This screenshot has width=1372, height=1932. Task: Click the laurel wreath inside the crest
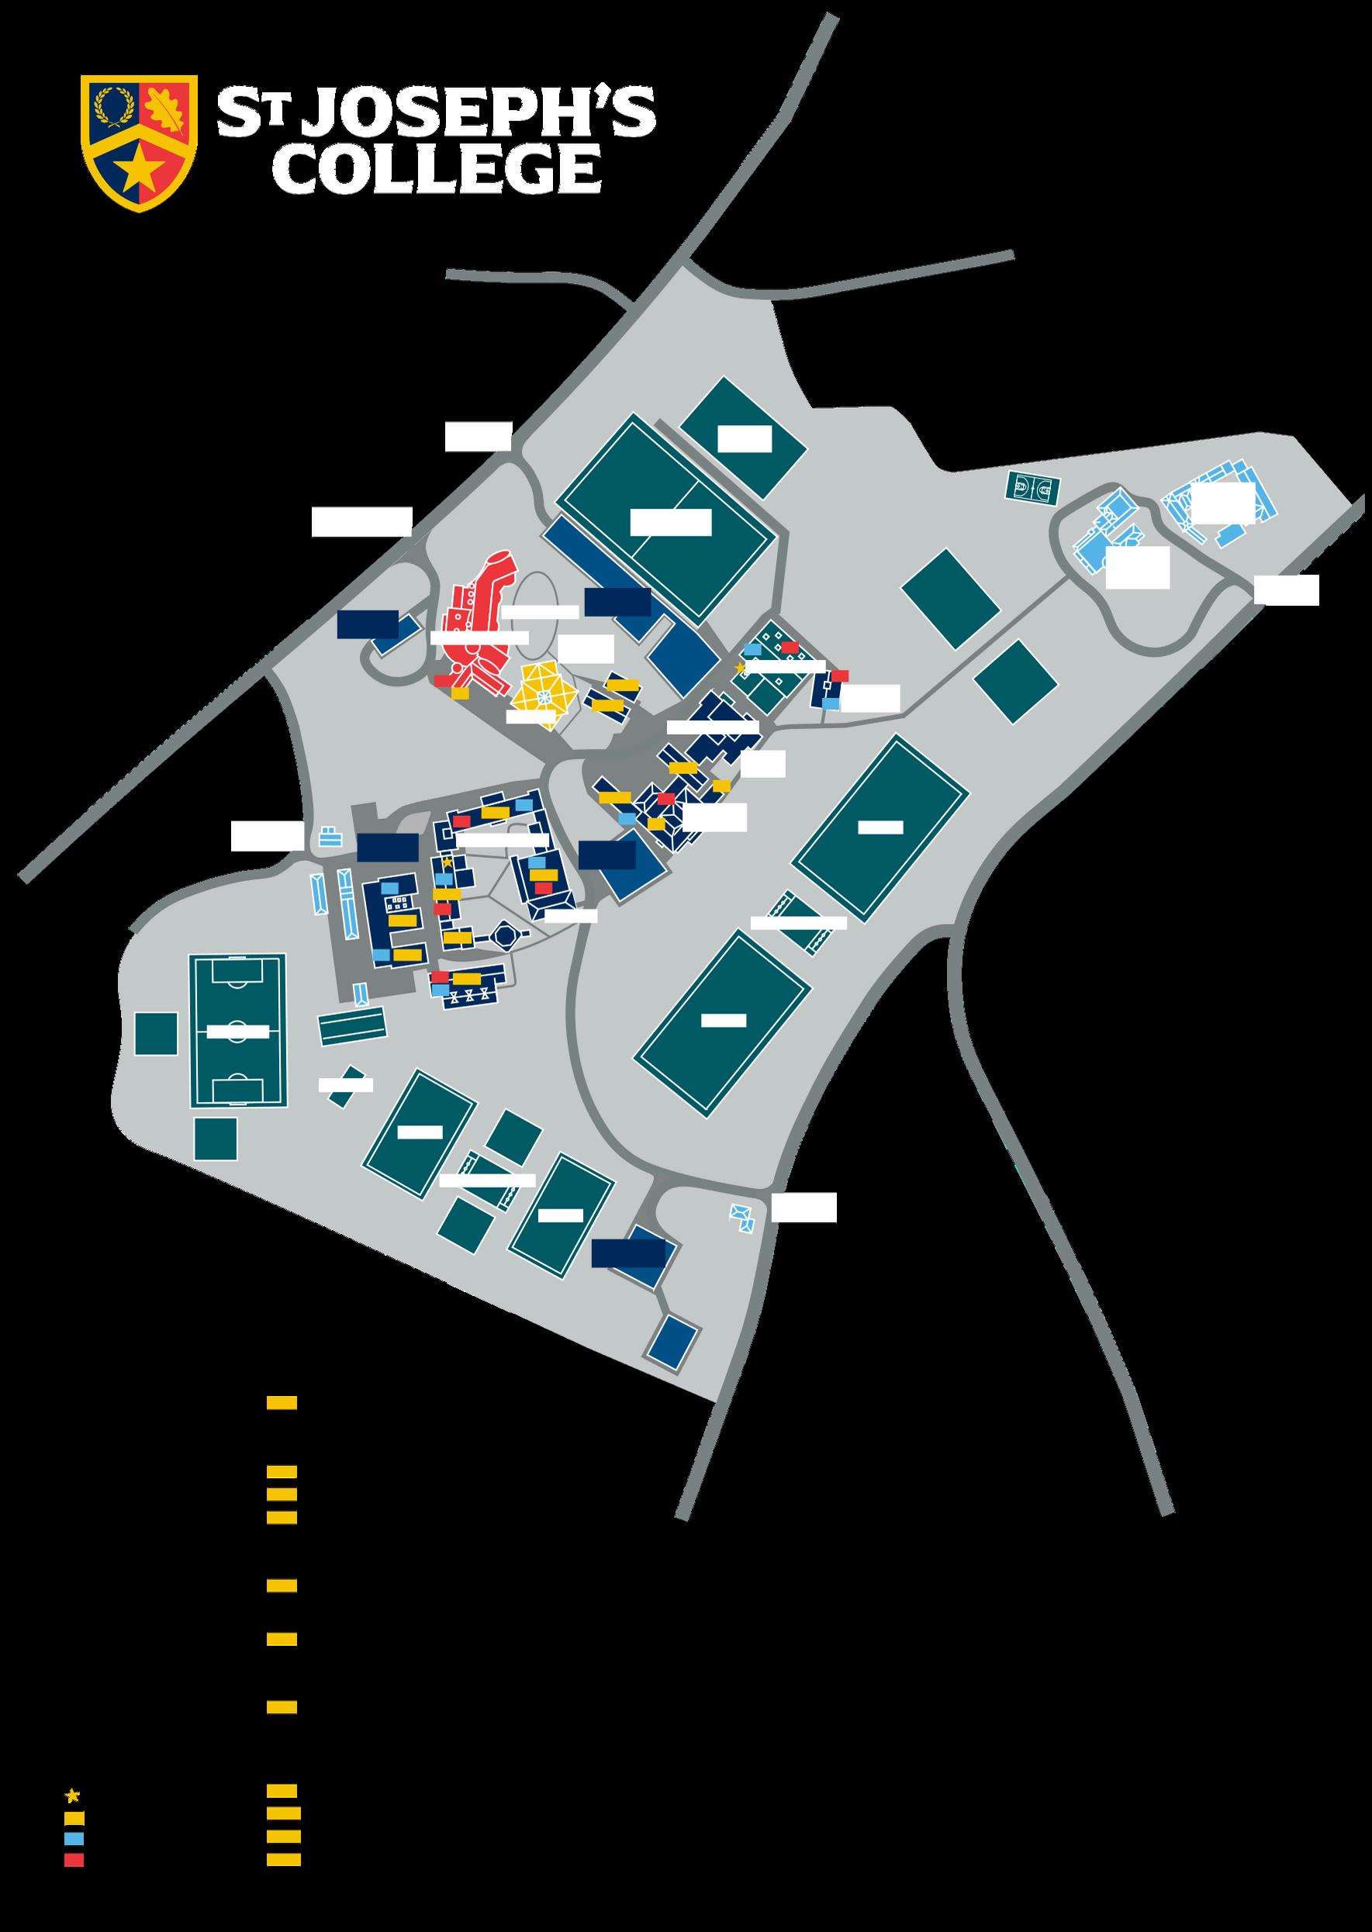114,107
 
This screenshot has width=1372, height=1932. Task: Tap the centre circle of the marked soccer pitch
237,1031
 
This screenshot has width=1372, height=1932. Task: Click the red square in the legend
74,1876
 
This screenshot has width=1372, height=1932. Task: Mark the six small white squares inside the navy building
395,903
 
